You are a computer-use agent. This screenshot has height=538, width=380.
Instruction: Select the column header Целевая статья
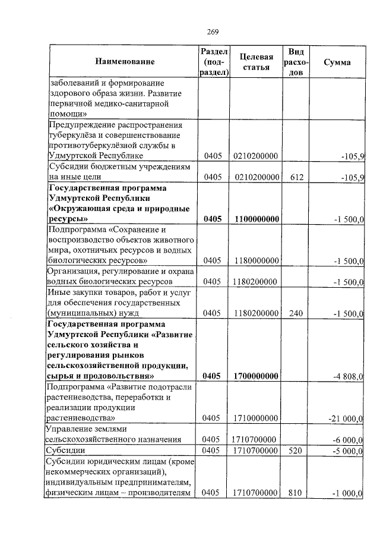256,62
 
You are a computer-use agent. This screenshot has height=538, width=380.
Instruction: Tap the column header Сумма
337,62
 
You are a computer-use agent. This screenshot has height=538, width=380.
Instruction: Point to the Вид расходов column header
295,62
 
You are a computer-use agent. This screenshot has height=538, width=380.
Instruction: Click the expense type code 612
296,177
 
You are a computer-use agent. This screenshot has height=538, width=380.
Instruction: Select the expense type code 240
296,312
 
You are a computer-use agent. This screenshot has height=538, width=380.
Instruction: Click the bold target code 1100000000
256,219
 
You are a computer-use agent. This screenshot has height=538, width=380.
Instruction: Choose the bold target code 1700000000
256,376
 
